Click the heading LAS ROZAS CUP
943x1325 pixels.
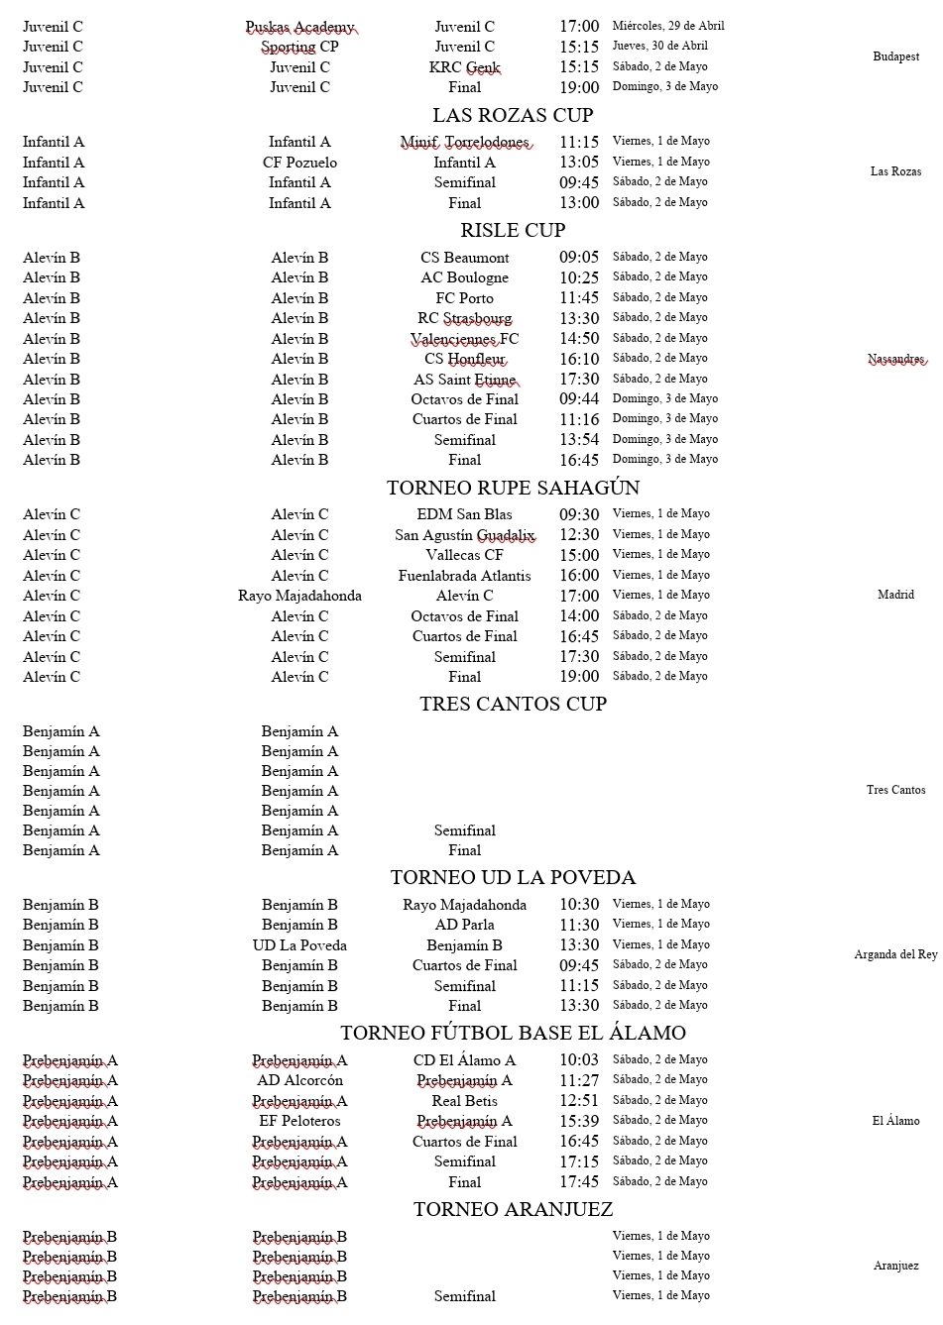click(513, 115)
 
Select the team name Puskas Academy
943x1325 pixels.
click(299, 27)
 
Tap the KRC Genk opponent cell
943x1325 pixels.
click(464, 67)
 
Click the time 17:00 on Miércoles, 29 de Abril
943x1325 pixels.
click(579, 27)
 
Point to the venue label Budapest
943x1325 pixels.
click(895, 56)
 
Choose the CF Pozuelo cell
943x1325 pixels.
click(299, 163)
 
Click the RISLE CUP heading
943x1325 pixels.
click(513, 230)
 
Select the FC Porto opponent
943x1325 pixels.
click(464, 298)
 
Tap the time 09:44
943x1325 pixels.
click(579, 399)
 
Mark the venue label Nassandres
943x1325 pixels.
click(895, 359)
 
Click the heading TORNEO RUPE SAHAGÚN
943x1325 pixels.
click(513, 488)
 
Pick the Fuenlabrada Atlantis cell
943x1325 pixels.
click(464, 576)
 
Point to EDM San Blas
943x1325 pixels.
click(464, 514)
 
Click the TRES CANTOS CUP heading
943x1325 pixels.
click(513, 704)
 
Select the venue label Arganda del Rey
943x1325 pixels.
click(895, 954)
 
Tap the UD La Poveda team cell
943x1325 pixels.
click(299, 945)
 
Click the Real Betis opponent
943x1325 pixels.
click(464, 1101)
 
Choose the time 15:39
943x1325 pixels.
click(579, 1121)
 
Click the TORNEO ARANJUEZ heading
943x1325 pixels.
click(513, 1209)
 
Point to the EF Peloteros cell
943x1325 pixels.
click(299, 1121)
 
